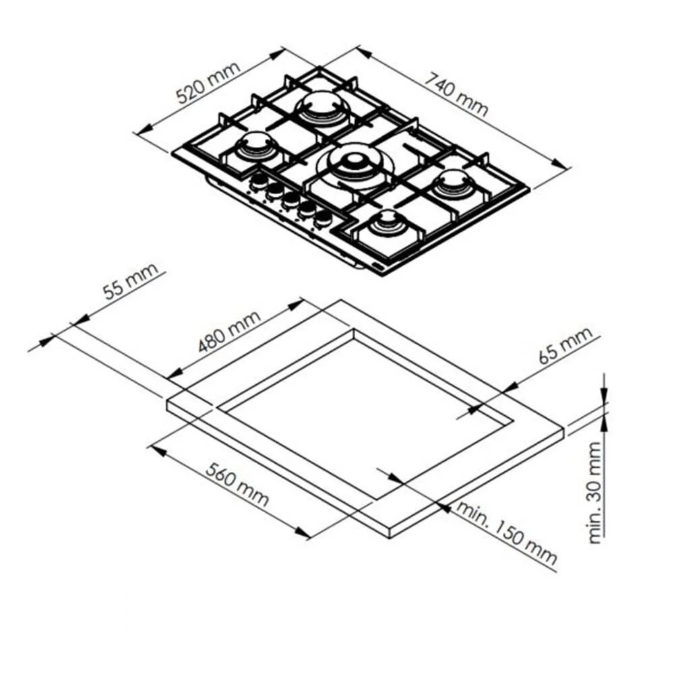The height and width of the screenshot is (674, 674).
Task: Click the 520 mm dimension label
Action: (x=208, y=83)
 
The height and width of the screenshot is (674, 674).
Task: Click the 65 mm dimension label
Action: (x=565, y=345)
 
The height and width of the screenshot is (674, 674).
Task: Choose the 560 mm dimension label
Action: (x=237, y=485)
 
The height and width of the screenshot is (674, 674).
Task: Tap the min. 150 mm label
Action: (x=506, y=532)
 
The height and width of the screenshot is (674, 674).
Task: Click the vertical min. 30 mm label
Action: (x=595, y=493)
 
